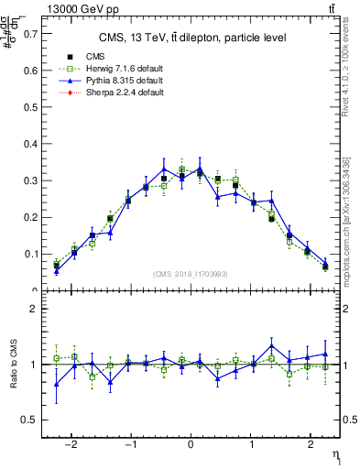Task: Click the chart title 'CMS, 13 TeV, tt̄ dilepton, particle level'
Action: tap(192, 38)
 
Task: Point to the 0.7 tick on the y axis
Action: tap(28, 34)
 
